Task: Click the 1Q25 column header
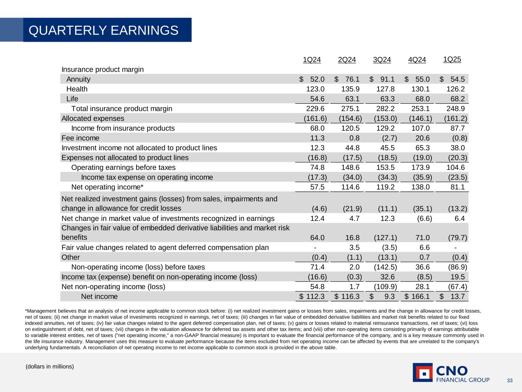452,59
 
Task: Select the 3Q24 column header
382,60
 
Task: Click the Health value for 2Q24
350,89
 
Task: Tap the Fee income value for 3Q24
387,138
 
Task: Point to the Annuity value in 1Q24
317,79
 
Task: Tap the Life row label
72,99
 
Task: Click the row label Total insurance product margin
122,109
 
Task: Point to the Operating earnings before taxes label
123,168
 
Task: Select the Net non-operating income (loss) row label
113,287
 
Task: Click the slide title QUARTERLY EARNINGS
104,30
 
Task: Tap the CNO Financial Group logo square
423,372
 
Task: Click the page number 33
509,381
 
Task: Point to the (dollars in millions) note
49,367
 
